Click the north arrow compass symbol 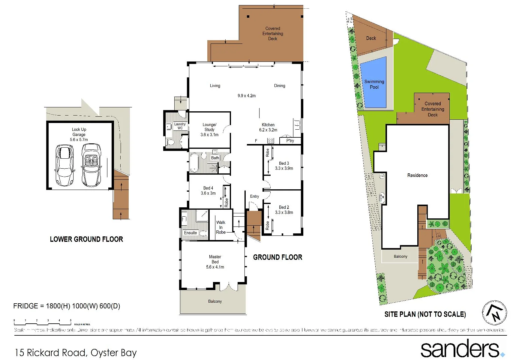coord(494,313)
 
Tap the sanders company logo coord(462,349)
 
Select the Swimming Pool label coord(374,84)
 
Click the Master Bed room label coord(215,262)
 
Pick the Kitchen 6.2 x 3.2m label coord(268,127)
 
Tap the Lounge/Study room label coord(209,130)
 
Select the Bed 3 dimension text coord(284,168)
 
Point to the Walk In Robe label coord(221,227)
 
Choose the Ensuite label coord(190,233)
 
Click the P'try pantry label coord(290,141)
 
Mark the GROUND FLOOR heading coord(278,257)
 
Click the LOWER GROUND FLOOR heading coord(86,239)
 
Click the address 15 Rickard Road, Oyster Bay coord(76,353)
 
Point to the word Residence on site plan coord(417,175)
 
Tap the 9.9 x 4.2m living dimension coord(247,96)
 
